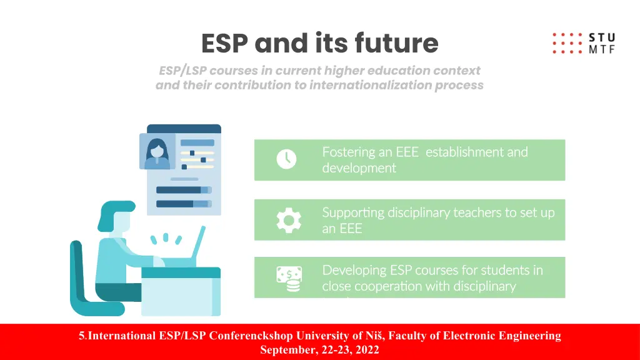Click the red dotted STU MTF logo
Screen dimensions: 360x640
pos(582,43)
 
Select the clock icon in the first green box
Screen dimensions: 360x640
pos(286,159)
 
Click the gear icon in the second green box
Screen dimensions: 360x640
pos(289,219)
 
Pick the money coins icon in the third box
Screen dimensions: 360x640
pos(289,279)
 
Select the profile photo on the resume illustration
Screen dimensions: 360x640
pos(157,152)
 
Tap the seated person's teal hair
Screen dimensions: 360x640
pos(116,210)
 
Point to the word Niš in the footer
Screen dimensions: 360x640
pos(376,336)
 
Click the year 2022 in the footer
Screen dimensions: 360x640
pos(367,350)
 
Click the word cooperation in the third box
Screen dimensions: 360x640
pos(389,286)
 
